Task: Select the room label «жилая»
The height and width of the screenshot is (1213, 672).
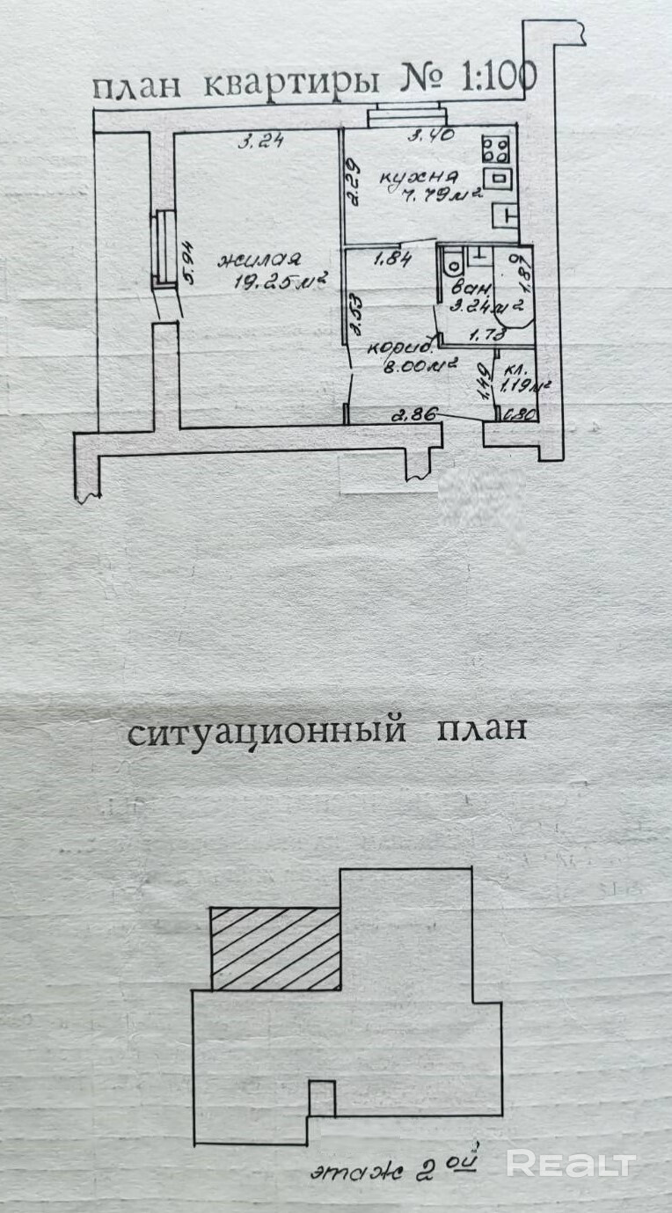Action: [260, 259]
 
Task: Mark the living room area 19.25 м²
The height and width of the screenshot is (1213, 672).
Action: [281, 283]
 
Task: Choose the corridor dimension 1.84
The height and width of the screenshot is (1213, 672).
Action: [393, 259]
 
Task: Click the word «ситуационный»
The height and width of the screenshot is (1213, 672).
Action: [267, 732]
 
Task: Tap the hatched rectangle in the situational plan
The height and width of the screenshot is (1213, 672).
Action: [275, 949]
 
